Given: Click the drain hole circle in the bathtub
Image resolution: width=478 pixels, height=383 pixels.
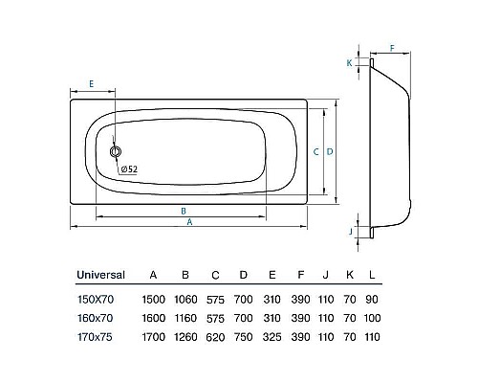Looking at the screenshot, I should (x=117, y=151).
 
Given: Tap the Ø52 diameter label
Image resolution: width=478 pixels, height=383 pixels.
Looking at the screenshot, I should (x=130, y=169).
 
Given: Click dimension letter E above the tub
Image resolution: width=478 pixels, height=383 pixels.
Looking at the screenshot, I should (x=90, y=84).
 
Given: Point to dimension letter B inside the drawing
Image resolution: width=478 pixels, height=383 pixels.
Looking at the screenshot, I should (x=183, y=210).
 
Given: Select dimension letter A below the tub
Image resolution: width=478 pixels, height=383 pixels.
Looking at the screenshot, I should (x=189, y=222).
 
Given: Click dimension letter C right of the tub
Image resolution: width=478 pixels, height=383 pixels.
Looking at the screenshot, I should (x=315, y=151).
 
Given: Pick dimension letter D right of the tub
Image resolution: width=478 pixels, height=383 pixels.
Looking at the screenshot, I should (x=329, y=151).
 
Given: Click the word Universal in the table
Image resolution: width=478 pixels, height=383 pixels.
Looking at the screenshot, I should (x=100, y=275).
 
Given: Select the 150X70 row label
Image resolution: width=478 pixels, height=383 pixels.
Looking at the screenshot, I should (x=96, y=298).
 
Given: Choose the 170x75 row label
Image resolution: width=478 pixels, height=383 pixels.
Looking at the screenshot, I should (x=95, y=336).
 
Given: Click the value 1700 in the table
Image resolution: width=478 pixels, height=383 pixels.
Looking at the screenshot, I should (x=153, y=336).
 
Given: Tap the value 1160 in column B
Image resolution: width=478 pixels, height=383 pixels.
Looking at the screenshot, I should (x=185, y=317).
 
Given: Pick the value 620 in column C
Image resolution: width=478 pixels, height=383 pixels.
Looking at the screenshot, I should (x=215, y=336).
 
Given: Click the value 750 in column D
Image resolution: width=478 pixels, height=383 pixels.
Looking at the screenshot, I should (x=244, y=336).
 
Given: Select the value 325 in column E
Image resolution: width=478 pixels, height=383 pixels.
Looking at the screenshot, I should (x=272, y=336).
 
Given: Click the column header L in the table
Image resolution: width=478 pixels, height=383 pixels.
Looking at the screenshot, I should (x=373, y=275).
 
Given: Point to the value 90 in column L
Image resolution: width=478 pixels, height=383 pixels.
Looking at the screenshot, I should (x=373, y=298).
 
